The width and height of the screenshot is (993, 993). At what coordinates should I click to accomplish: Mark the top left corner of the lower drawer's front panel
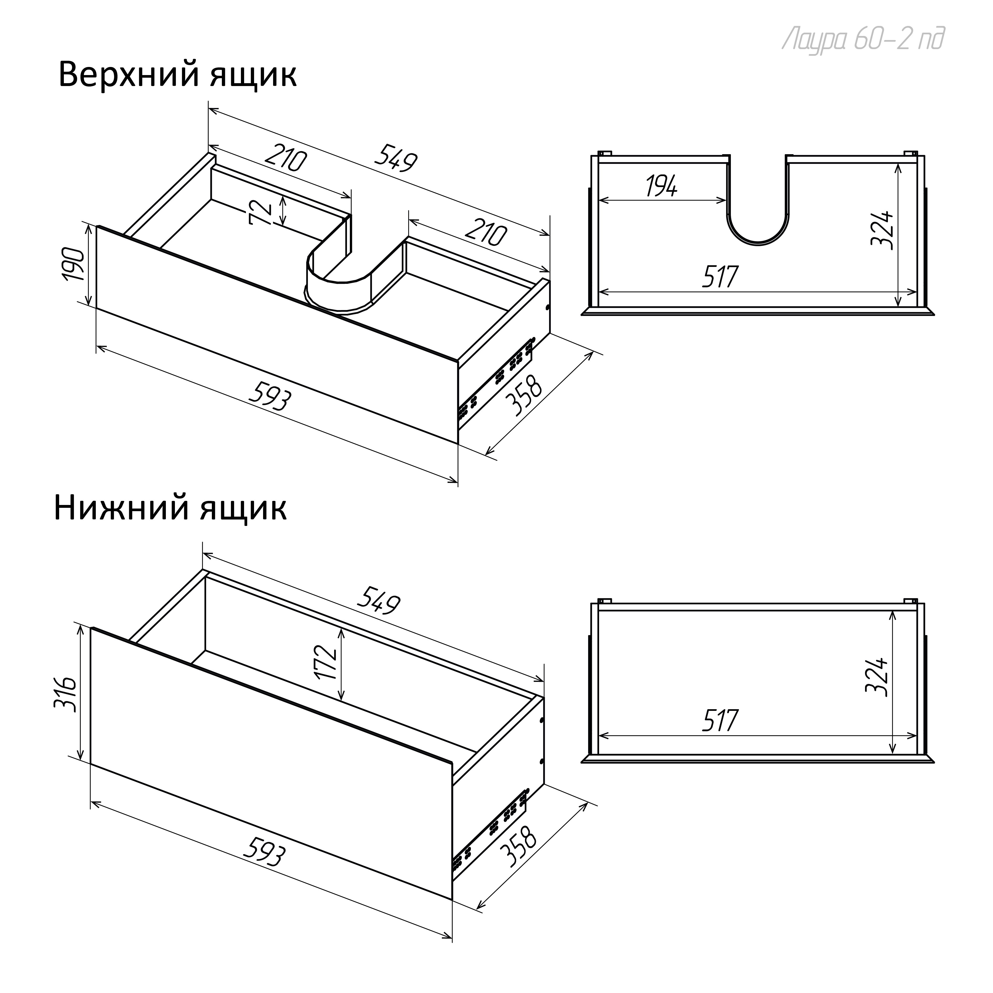pos(92,627)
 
